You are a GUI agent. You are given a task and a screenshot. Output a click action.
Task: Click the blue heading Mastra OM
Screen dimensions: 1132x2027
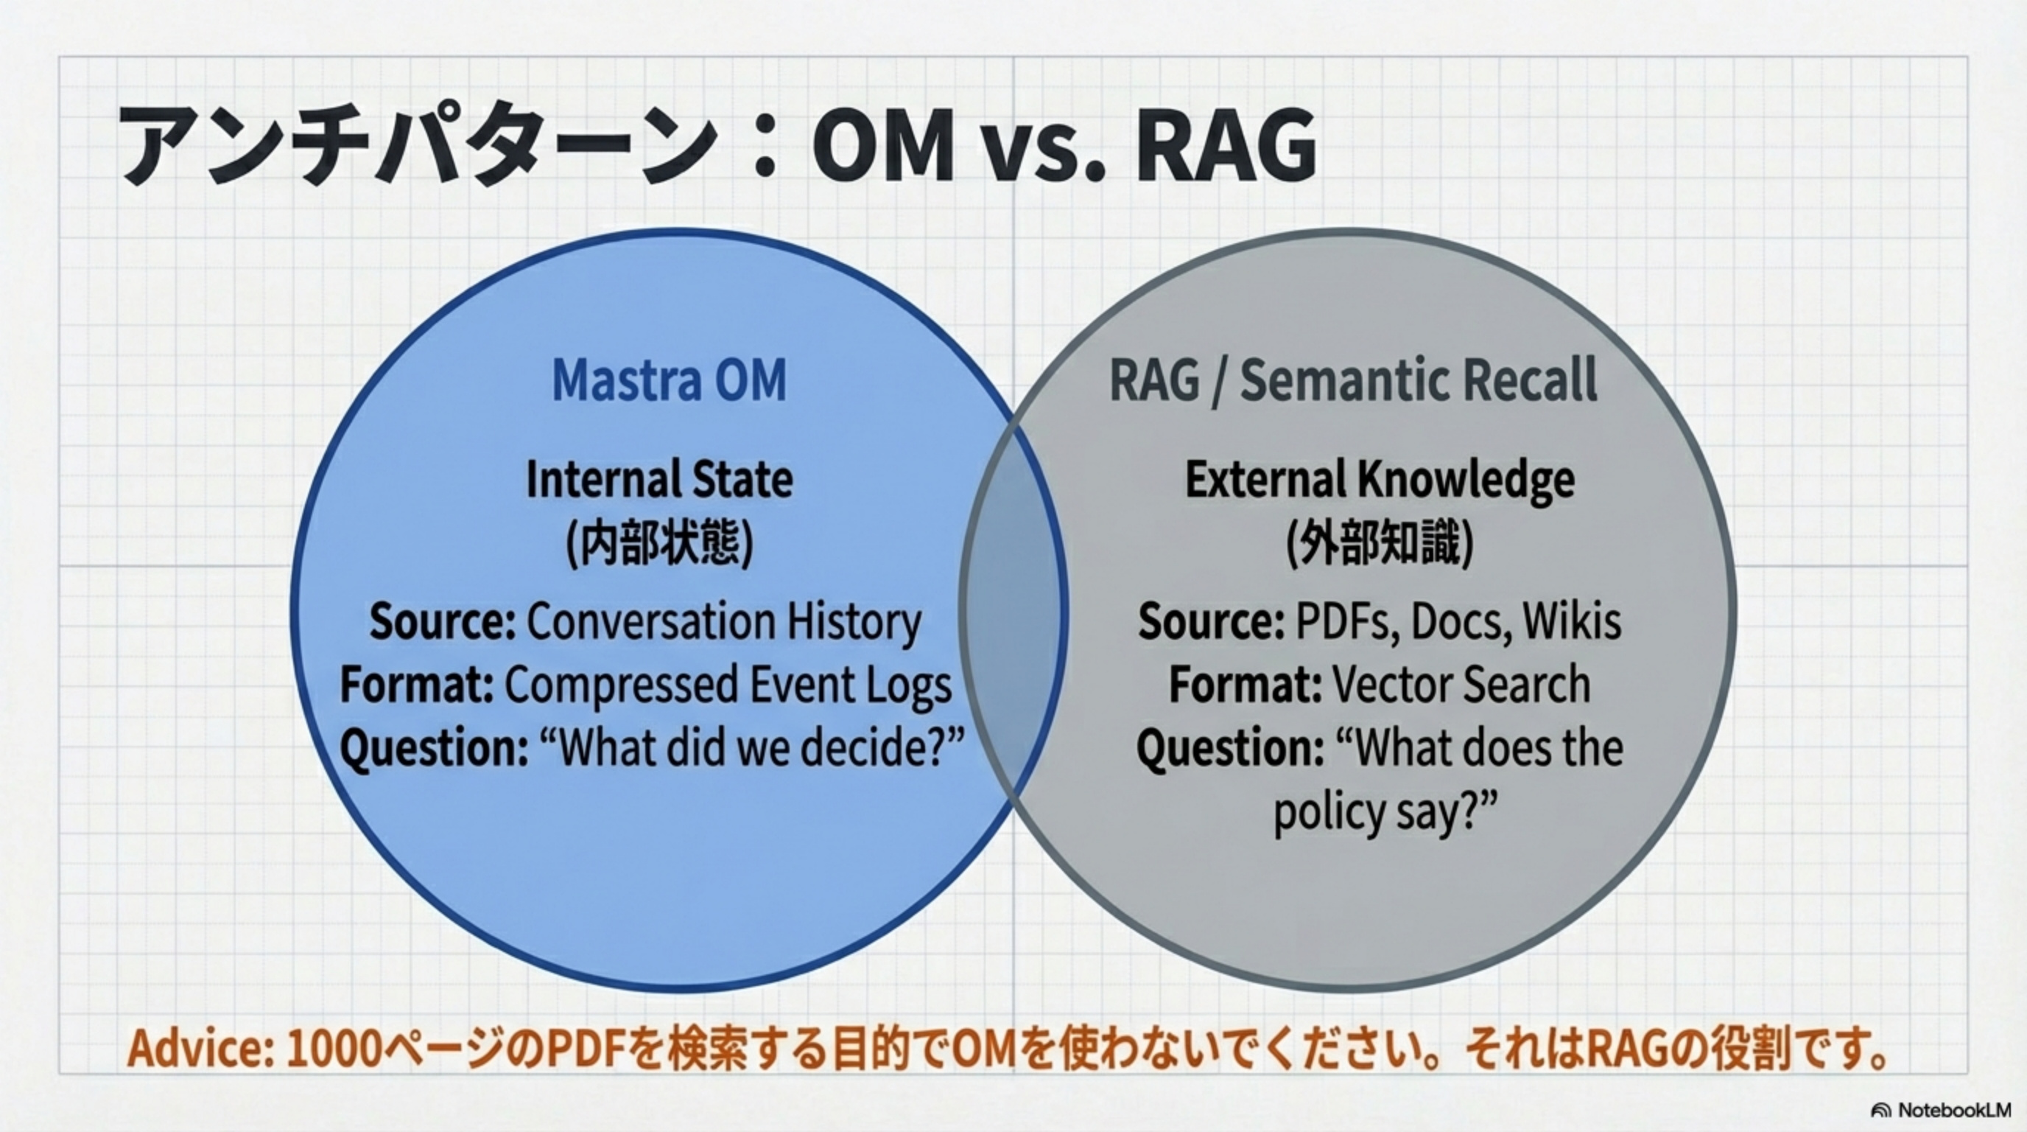pos(669,381)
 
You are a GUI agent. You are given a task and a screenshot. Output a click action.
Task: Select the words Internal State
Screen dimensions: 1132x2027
pos(659,480)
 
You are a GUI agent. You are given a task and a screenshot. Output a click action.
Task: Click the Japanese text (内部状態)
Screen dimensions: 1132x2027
pos(659,543)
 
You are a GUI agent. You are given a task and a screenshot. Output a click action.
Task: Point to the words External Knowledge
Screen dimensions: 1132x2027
pos(1380,480)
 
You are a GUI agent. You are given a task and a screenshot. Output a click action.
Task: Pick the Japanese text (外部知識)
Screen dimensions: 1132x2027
pos(1380,543)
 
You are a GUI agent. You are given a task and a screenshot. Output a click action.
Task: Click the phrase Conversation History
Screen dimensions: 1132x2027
pos(723,622)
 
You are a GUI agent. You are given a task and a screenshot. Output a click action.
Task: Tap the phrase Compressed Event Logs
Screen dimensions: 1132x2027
pos(728,685)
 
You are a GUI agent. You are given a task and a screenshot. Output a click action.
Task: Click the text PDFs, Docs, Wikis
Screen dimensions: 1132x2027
pos(1458,622)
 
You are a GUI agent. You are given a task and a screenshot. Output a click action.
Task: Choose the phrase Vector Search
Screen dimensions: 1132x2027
pos(1461,685)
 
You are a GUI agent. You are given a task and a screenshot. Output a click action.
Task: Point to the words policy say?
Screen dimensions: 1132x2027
pos(1385,811)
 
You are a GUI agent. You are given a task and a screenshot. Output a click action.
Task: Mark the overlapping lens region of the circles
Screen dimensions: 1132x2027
pos(1013,610)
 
